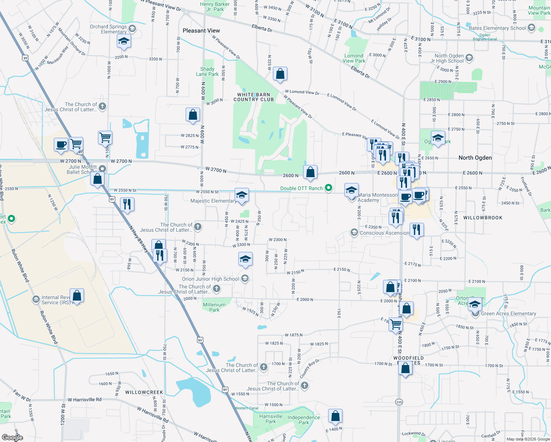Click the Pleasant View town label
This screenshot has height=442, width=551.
(x=201, y=31)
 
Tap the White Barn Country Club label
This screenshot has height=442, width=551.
(x=253, y=97)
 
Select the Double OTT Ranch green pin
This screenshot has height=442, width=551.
(x=329, y=188)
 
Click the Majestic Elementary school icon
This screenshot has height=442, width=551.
(x=242, y=195)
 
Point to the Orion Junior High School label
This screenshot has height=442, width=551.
(x=210, y=279)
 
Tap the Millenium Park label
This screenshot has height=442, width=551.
(x=214, y=307)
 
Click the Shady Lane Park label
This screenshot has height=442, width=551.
(x=207, y=71)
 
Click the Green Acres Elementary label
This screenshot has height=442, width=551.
(x=508, y=313)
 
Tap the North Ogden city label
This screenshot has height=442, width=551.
(x=475, y=158)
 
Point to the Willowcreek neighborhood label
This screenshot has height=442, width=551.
(x=144, y=392)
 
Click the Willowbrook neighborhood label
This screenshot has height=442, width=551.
(x=482, y=218)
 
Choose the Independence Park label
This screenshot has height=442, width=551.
(x=303, y=420)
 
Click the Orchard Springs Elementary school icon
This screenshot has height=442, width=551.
(x=124, y=41)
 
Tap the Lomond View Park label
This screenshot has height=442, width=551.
(x=354, y=58)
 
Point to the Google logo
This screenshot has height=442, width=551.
(x=12, y=438)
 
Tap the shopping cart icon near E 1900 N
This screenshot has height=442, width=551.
(x=396, y=325)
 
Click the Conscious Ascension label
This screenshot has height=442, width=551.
(x=384, y=233)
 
